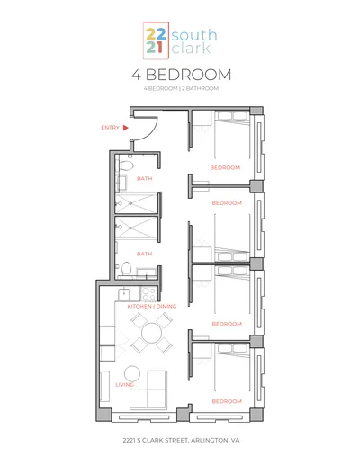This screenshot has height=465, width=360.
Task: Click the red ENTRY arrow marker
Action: pyautogui.click(x=126, y=128)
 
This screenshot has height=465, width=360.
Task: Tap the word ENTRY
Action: pyautogui.click(x=110, y=128)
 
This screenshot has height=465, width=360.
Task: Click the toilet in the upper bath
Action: pyautogui.click(x=127, y=165)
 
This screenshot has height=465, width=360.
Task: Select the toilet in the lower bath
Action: pyautogui.click(x=127, y=268)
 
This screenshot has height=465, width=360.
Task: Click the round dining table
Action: pyautogui.click(x=152, y=333)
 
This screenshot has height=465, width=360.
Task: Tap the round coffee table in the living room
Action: pyautogui.click(x=132, y=374)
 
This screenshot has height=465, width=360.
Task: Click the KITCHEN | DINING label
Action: pyautogui.click(x=152, y=306)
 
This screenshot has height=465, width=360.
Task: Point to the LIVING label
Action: pyautogui.click(x=124, y=385)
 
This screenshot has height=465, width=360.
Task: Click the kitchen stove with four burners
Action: pyautogui.click(x=149, y=293)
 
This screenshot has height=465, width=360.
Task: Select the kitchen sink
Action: pyautogui.click(x=123, y=293)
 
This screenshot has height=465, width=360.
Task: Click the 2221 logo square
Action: pyautogui.click(x=156, y=40)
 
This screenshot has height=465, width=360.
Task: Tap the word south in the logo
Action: pyautogui.click(x=194, y=35)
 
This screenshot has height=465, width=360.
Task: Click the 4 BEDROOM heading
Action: pyautogui.click(x=182, y=75)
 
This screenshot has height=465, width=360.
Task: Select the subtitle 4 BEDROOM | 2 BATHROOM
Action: pyautogui.click(x=181, y=88)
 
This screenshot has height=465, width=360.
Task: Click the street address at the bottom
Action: pyautogui.click(x=181, y=440)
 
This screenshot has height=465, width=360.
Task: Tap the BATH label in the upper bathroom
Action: pyautogui.click(x=145, y=179)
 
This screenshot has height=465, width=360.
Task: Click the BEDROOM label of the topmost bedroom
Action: pyautogui.click(x=225, y=167)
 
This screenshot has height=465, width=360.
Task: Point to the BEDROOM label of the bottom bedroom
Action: pyautogui.click(x=227, y=401)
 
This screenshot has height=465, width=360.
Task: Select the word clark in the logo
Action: pyautogui.click(x=191, y=49)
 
